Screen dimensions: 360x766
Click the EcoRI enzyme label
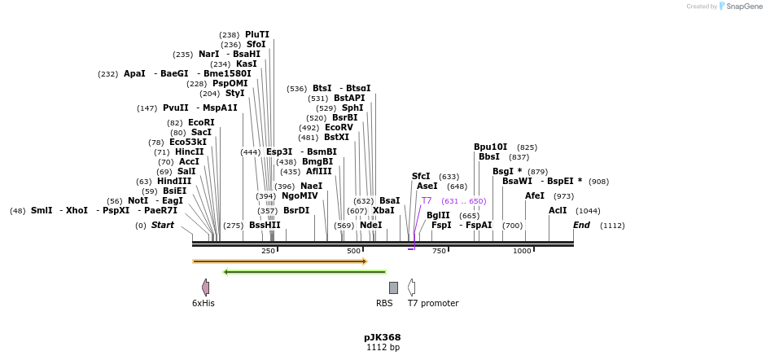[x=201, y=122]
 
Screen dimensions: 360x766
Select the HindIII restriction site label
[x=174, y=181]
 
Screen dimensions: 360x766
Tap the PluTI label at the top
[x=257, y=35]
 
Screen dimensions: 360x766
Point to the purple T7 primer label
[x=427, y=200]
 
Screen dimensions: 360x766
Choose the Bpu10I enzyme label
[x=490, y=147]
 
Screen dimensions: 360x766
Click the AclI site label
[x=558, y=210]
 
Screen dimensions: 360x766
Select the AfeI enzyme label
[x=535, y=195]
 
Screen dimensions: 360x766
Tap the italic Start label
[x=163, y=225]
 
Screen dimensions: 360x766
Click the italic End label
[x=581, y=225]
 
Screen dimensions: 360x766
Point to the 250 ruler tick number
[x=269, y=251]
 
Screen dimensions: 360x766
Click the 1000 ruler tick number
[x=522, y=251]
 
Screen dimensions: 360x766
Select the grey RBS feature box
[x=393, y=288]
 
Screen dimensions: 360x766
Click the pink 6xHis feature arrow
[x=206, y=287]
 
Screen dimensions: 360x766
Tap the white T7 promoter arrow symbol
[x=412, y=287]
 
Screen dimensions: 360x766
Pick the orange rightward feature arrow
[x=280, y=261]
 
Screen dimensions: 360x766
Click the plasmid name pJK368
[x=383, y=337]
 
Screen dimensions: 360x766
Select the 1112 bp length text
[x=383, y=348]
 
